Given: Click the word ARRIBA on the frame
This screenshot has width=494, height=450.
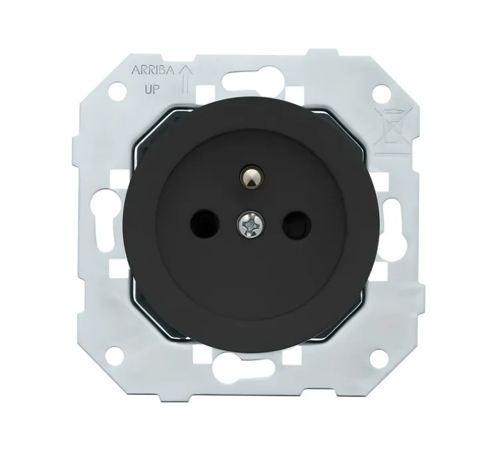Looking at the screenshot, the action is tap(153, 70).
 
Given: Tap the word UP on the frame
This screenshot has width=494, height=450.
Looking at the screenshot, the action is tap(151, 90).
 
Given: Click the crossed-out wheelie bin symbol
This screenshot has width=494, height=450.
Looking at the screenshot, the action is tap(392, 131).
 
